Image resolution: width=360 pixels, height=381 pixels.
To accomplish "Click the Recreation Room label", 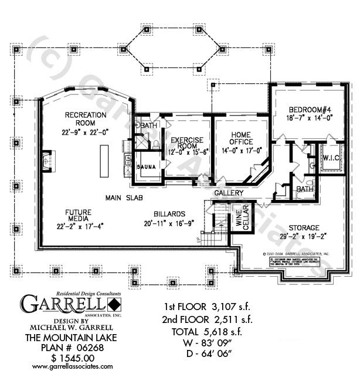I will point(86,119).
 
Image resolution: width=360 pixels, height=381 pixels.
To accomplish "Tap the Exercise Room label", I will point(187,144).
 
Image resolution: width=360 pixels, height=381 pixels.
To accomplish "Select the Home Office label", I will point(241,138).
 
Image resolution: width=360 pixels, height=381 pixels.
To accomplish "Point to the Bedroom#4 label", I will point(311,110).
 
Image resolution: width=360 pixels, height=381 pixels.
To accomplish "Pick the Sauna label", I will point(146,167).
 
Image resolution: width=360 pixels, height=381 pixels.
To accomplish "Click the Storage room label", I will point(303,227).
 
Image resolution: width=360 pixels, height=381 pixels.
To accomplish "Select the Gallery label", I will point(229,193).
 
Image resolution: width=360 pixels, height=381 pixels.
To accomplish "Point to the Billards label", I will point(169,214).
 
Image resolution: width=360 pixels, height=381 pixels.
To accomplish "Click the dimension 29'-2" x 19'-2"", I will point(303,236).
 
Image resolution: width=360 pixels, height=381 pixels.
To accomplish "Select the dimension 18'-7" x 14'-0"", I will point(310,118).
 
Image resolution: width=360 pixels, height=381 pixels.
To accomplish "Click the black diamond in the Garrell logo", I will point(114,304).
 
